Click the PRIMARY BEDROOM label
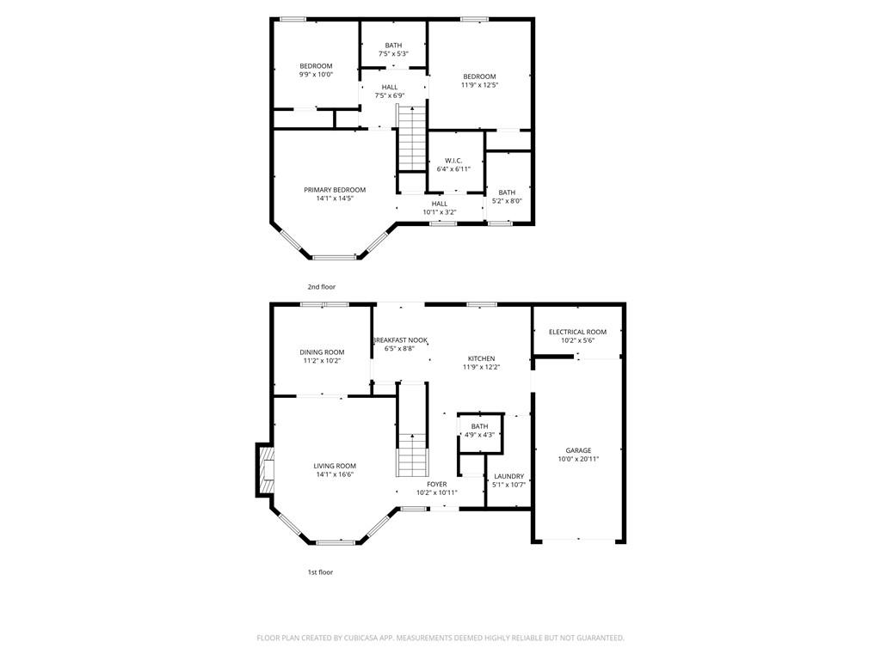pos(335,190)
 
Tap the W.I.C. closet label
pos(453,161)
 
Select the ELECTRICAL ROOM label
pos(577,332)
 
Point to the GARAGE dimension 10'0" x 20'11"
pos(578,459)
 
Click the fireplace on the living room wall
pos(265,470)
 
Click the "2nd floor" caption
pos(322,287)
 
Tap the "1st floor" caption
pos(320,571)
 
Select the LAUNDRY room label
pos(509,476)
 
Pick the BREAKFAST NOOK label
pos(400,340)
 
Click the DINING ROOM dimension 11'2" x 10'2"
pos(322,360)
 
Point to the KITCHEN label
pos(482,358)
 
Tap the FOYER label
pos(436,484)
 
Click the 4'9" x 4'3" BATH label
pos(480,426)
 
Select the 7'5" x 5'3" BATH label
pos(393,46)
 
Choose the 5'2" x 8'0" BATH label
pos(507,192)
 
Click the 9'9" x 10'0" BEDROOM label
pos(316,65)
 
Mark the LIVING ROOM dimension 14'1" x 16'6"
pos(335,474)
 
